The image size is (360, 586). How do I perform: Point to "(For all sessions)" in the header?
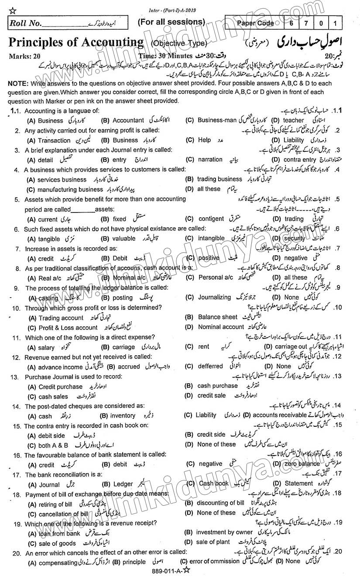171,22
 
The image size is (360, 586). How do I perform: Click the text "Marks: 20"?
20,56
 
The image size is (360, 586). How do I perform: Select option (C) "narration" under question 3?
210,160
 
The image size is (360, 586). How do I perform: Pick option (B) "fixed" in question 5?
119,219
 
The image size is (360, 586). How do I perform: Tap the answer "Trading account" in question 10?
61,318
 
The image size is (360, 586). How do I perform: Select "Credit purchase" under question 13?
60,387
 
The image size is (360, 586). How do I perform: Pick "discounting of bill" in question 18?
220,503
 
